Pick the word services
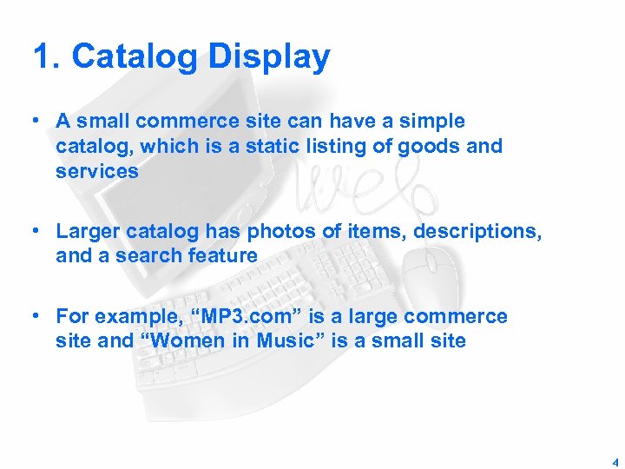(96, 171)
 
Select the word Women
(187, 340)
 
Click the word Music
(280, 340)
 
